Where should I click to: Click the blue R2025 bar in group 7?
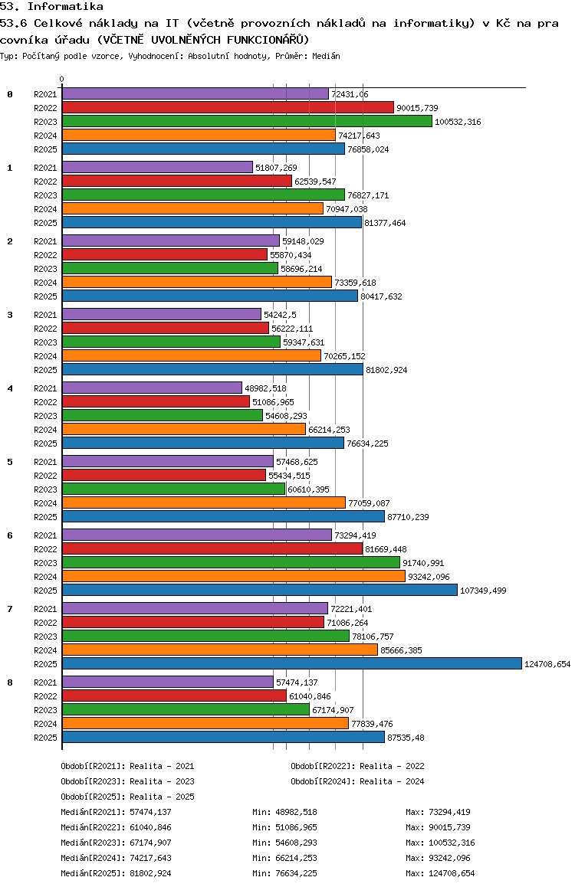[291, 663]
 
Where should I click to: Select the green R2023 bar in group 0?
[247, 121]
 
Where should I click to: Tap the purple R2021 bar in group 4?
[152, 388]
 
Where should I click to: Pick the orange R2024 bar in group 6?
[233, 576]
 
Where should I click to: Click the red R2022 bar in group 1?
[177, 181]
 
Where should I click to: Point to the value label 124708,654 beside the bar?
[547, 664]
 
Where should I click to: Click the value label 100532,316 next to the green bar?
[458, 122]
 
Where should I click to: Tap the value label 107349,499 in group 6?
[484, 591]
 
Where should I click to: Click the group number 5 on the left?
[10, 462]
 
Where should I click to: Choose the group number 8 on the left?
[10, 682]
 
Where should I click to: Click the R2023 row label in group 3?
[46, 342]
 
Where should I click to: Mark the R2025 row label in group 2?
[46, 296]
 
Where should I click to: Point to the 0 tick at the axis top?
[62, 79]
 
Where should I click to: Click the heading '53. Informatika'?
[52, 6]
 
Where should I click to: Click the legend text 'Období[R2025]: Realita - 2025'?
[127, 797]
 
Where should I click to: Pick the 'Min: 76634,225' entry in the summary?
[284, 873]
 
